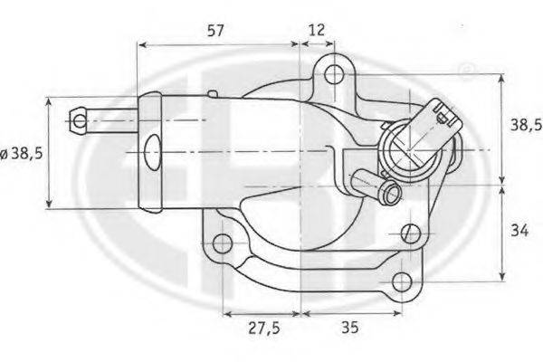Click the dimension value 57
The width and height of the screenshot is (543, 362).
click(x=215, y=31)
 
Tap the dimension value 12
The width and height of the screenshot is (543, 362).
click(x=317, y=30)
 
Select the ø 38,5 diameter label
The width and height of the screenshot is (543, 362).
click(x=22, y=153)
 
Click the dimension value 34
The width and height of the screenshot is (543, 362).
click(x=519, y=231)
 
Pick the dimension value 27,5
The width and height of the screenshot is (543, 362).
click(x=264, y=328)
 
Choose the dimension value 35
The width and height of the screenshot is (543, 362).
click(x=349, y=327)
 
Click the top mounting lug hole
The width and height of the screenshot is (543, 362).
click(x=334, y=74)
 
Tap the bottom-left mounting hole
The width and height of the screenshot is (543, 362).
click(x=222, y=243)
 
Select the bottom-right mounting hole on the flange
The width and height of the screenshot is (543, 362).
click(x=402, y=281)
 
